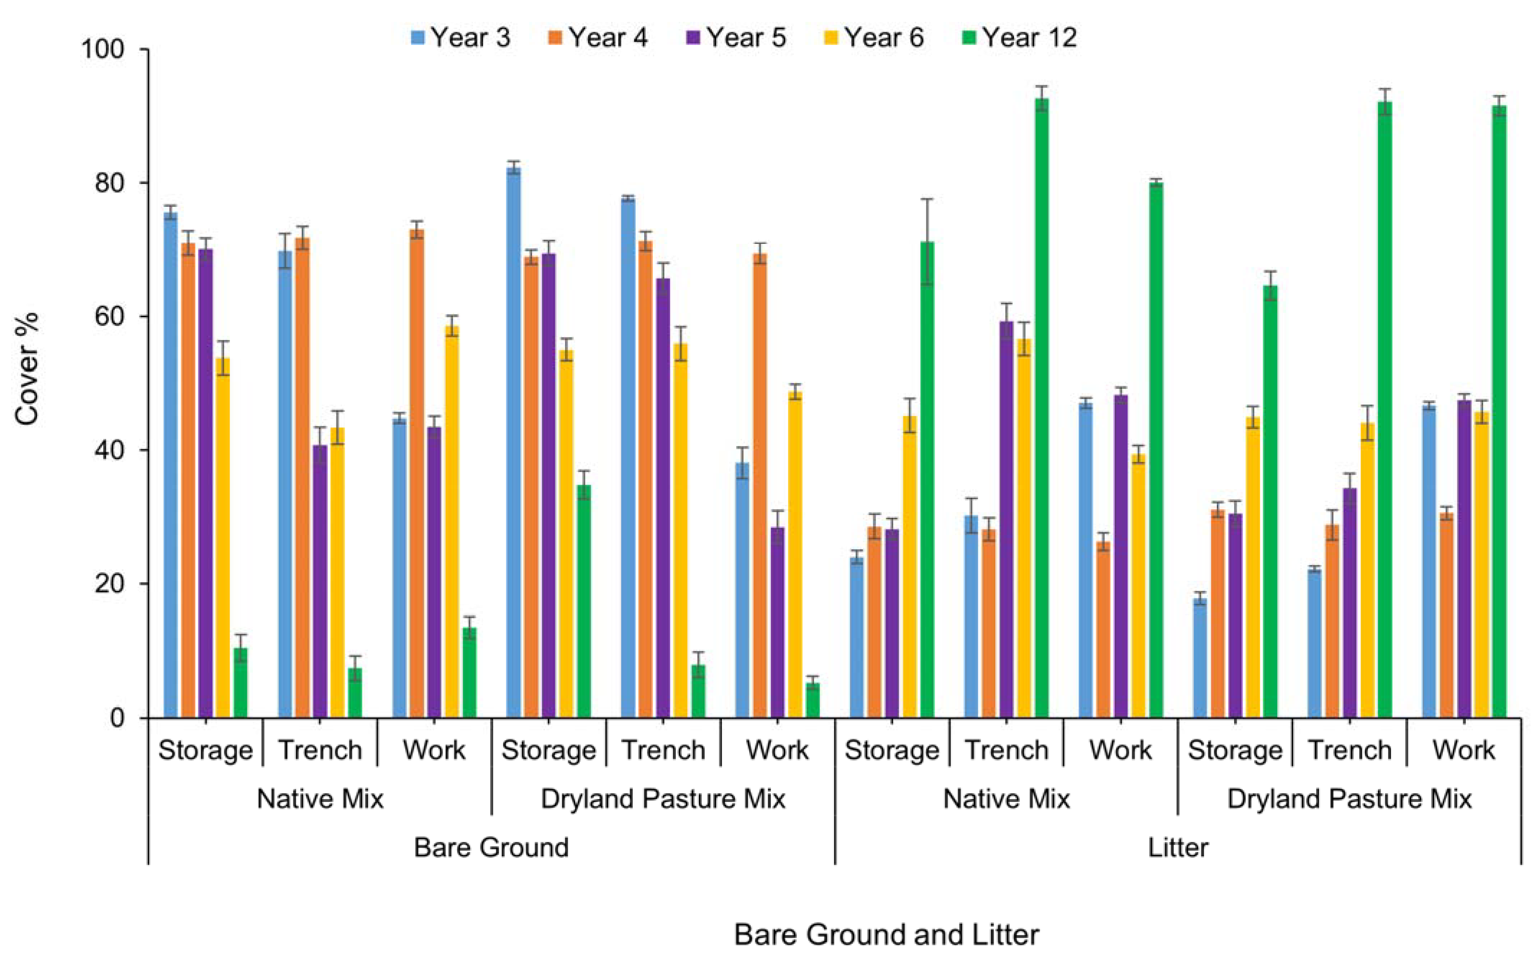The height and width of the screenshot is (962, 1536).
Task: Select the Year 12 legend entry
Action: coord(1018,37)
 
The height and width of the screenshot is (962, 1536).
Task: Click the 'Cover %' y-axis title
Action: coord(27,369)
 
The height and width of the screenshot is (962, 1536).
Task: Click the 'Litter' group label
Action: coord(1178,848)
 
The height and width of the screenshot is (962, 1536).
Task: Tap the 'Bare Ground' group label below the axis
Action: coord(491,848)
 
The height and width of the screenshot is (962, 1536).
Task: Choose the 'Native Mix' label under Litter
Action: coord(1006,798)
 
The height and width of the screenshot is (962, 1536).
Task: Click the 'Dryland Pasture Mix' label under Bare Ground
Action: coord(663,798)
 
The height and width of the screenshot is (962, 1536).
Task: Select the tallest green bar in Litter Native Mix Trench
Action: coord(1042,407)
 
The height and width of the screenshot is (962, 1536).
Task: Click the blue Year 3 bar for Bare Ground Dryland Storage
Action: coord(513,442)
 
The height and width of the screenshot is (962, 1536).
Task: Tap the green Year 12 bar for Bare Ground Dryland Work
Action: coord(812,700)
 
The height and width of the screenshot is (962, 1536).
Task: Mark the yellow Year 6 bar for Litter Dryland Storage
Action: coord(1253,566)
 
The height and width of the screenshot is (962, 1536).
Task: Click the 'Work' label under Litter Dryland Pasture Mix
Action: coord(1463,750)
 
